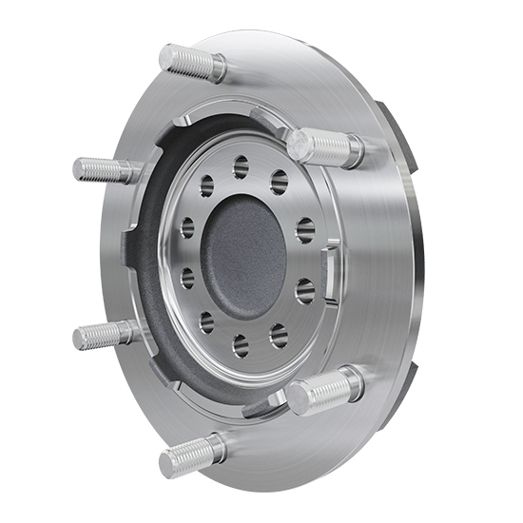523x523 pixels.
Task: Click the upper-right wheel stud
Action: [326, 146]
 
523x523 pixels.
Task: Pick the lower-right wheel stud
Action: [325, 391]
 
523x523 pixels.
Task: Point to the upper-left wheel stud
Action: [106, 170]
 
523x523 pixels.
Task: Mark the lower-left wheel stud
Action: [106, 335]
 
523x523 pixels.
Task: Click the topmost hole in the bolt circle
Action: [242, 167]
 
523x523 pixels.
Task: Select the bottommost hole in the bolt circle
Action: [241, 344]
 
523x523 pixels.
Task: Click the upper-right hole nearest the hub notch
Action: [305, 229]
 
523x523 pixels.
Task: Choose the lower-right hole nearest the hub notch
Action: [305, 291]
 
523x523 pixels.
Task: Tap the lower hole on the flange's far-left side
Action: [188, 279]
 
